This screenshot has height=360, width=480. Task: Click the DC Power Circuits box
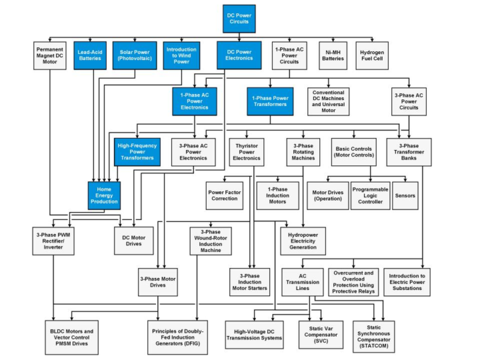pyautogui.click(x=239, y=19)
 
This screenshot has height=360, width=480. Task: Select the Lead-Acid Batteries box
pyautogui.click(x=90, y=55)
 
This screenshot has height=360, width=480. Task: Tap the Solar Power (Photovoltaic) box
pyautogui.click(x=135, y=55)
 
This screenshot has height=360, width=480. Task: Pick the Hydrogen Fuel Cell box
pyautogui.click(x=372, y=56)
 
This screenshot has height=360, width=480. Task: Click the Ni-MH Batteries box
pyautogui.click(x=333, y=56)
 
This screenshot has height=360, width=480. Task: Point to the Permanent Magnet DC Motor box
pyautogui.click(x=49, y=56)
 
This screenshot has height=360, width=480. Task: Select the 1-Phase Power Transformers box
pyautogui.click(x=270, y=101)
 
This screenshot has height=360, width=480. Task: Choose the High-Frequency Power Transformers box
pyautogui.click(x=137, y=152)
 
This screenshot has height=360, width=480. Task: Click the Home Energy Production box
pyautogui.click(x=104, y=195)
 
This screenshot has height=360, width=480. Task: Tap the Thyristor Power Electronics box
pyautogui.click(x=247, y=152)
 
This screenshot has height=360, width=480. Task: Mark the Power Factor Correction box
pyautogui.click(x=225, y=195)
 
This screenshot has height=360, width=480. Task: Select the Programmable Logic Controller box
pyautogui.click(x=370, y=195)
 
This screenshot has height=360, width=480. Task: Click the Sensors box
pyautogui.click(x=405, y=195)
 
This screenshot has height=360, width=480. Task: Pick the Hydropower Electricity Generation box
pyautogui.click(x=303, y=241)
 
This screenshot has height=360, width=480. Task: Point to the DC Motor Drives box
pyautogui.click(x=134, y=241)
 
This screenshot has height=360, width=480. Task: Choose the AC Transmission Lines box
pyautogui.click(x=303, y=282)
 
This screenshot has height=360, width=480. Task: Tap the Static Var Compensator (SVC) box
pyautogui.click(x=321, y=335)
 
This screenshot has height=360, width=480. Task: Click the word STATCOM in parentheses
pyautogui.click(x=374, y=346)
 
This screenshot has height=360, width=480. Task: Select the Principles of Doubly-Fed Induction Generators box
pyautogui.click(x=177, y=337)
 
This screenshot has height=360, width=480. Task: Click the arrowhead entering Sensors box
pyautogui.click(x=405, y=180)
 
